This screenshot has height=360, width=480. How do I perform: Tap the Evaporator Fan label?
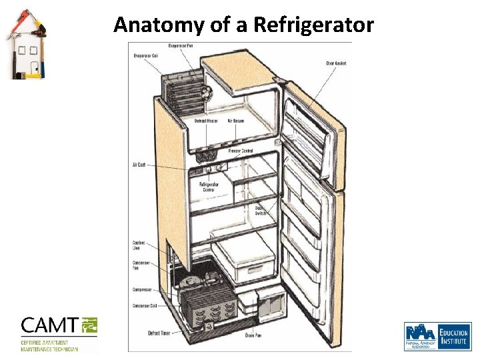[x=180, y=45]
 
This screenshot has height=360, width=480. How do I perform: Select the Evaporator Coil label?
[x=145, y=55]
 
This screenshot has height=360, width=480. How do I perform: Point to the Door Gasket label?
[x=335, y=63]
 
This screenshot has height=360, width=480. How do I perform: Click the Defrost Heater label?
[x=206, y=121]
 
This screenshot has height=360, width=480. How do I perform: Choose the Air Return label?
[x=235, y=121]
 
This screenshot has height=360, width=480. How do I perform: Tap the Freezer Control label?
[x=240, y=151]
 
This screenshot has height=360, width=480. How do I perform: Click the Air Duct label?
[x=139, y=165]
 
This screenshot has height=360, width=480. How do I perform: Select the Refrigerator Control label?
[x=210, y=187]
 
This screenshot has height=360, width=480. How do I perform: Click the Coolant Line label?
[x=139, y=246]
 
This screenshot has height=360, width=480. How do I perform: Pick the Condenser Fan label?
[x=141, y=265]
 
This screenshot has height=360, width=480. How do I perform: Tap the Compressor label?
[x=142, y=290]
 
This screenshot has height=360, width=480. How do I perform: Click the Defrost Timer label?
[x=159, y=333]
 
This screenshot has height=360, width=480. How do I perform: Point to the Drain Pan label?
[x=253, y=335]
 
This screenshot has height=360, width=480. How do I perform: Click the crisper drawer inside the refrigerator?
[x=244, y=261]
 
